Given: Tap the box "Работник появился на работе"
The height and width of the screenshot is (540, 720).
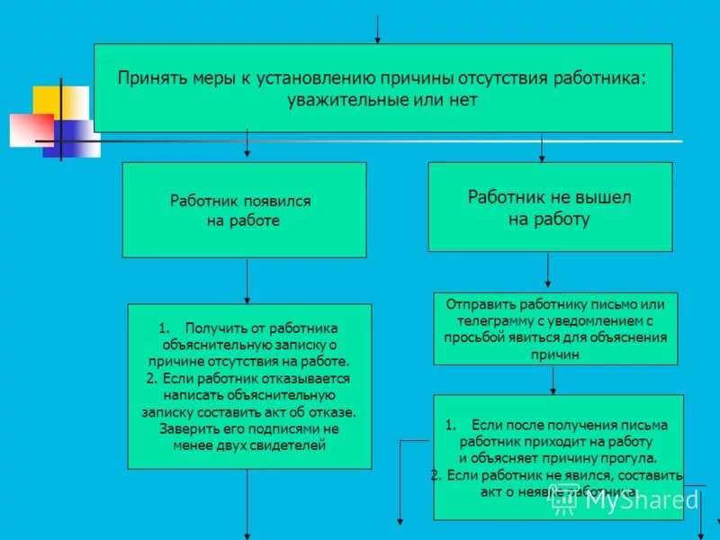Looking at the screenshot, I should pyautogui.click(x=244, y=210).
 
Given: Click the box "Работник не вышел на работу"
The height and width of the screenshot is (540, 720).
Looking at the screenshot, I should pyautogui.click(x=550, y=206).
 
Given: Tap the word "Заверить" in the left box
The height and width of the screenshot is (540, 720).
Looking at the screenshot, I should pyautogui.click(x=187, y=428).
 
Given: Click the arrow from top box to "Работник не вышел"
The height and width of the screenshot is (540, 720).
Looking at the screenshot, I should pyautogui.click(x=541, y=148).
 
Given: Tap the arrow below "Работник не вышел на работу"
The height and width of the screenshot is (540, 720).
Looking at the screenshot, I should pyautogui.click(x=548, y=272).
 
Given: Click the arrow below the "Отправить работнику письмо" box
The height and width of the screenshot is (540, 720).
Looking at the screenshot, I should pyautogui.click(x=553, y=380).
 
